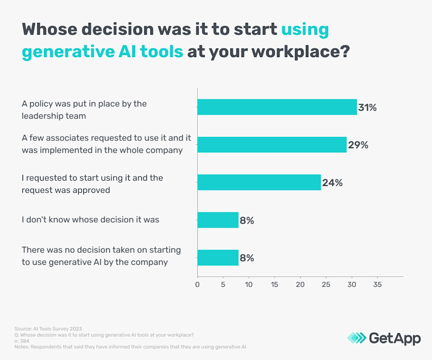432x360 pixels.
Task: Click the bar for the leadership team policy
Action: coord(277,107)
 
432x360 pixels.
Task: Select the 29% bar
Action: coord(272,145)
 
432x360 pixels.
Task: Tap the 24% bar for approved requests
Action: coord(259,182)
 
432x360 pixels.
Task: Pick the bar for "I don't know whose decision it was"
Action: coord(218,220)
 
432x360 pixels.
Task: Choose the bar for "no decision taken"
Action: coord(218,258)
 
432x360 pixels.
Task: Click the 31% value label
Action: coord(367,108)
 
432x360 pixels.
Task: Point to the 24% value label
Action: coord(332,183)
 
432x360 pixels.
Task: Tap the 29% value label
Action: coord(358,145)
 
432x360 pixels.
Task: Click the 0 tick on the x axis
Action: coord(197,284)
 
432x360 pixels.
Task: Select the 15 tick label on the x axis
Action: coord(274,284)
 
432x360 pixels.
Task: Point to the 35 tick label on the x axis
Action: coord(377,284)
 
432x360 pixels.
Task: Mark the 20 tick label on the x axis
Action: coord(300,284)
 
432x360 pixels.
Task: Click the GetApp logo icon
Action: coord(356,338)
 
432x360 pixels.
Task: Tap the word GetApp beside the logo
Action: coord(394,338)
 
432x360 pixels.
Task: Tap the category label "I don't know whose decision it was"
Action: coord(90,220)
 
